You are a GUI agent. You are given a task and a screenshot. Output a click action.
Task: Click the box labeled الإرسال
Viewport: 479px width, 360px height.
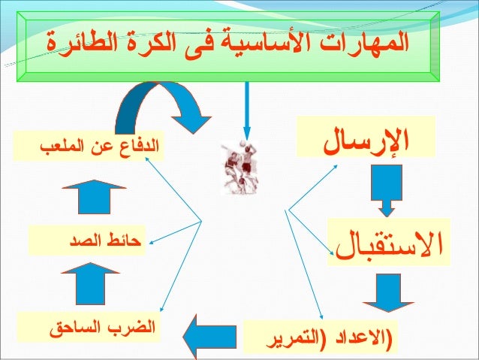coord(372,138)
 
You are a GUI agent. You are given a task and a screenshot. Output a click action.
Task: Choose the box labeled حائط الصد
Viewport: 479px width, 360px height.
coord(90,242)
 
